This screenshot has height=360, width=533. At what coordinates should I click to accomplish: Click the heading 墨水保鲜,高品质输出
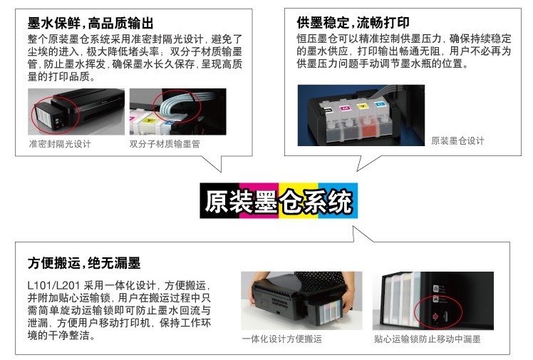(x=90, y=23)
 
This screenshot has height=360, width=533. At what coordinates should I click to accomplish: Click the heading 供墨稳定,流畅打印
(x=353, y=22)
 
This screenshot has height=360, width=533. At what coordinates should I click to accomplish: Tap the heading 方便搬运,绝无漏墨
(x=84, y=263)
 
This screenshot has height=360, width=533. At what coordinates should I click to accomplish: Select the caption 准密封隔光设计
(x=60, y=144)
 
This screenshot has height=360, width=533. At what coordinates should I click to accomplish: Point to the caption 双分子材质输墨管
(x=165, y=144)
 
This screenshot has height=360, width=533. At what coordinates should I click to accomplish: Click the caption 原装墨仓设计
(x=457, y=140)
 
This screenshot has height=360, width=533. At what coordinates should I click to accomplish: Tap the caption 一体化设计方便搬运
(x=281, y=339)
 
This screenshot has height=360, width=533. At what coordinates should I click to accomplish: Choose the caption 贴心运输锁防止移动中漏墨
(x=428, y=339)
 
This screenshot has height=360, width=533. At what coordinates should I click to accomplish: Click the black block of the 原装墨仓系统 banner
(x=219, y=200)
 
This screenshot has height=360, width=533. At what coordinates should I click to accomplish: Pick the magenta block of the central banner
(x=259, y=200)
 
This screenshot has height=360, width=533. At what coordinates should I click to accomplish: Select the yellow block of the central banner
(x=299, y=200)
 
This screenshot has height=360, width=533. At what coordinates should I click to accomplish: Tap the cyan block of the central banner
(x=338, y=200)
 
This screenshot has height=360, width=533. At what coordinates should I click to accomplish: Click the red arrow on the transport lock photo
(x=435, y=317)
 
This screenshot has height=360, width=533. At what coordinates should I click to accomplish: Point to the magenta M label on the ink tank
(x=345, y=108)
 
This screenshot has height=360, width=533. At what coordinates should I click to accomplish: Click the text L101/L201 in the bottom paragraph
(x=53, y=285)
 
